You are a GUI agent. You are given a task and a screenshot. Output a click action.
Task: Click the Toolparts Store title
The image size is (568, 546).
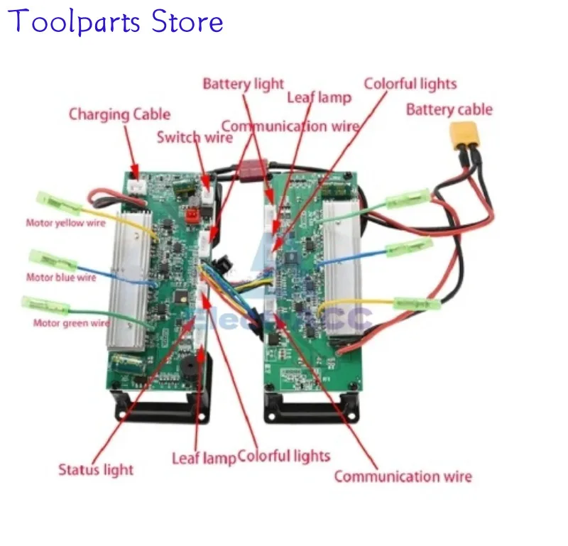[x=118, y=21]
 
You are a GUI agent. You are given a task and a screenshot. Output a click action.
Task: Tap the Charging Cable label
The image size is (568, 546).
[x=119, y=114]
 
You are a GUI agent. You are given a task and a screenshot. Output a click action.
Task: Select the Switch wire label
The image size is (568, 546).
[x=194, y=137]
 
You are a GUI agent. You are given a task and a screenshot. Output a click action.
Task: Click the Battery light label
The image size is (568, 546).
[x=243, y=84]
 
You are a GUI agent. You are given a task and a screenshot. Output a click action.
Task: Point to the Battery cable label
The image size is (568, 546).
[x=449, y=110]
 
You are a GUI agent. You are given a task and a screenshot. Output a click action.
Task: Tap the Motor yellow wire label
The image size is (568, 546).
[x=65, y=223]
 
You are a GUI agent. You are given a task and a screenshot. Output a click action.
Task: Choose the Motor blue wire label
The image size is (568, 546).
[x=61, y=277]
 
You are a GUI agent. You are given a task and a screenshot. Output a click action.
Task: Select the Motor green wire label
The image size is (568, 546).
[x=72, y=323]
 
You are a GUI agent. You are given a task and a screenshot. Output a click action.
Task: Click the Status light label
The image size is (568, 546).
[x=96, y=469]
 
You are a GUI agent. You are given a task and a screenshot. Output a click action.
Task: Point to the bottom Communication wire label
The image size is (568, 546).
[x=403, y=476]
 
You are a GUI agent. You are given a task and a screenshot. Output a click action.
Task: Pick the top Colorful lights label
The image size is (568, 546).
[x=410, y=84]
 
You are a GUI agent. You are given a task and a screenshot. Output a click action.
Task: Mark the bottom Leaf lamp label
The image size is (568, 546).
[x=203, y=458]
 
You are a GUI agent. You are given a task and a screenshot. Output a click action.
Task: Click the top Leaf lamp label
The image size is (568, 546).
[x=319, y=97]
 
